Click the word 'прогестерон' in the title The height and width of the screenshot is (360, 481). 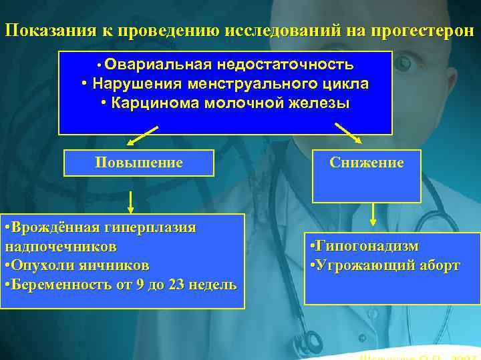tap(419, 31)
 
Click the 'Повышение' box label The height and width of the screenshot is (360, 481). tap(139, 163)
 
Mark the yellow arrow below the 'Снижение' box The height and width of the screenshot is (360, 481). tap(373, 215)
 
